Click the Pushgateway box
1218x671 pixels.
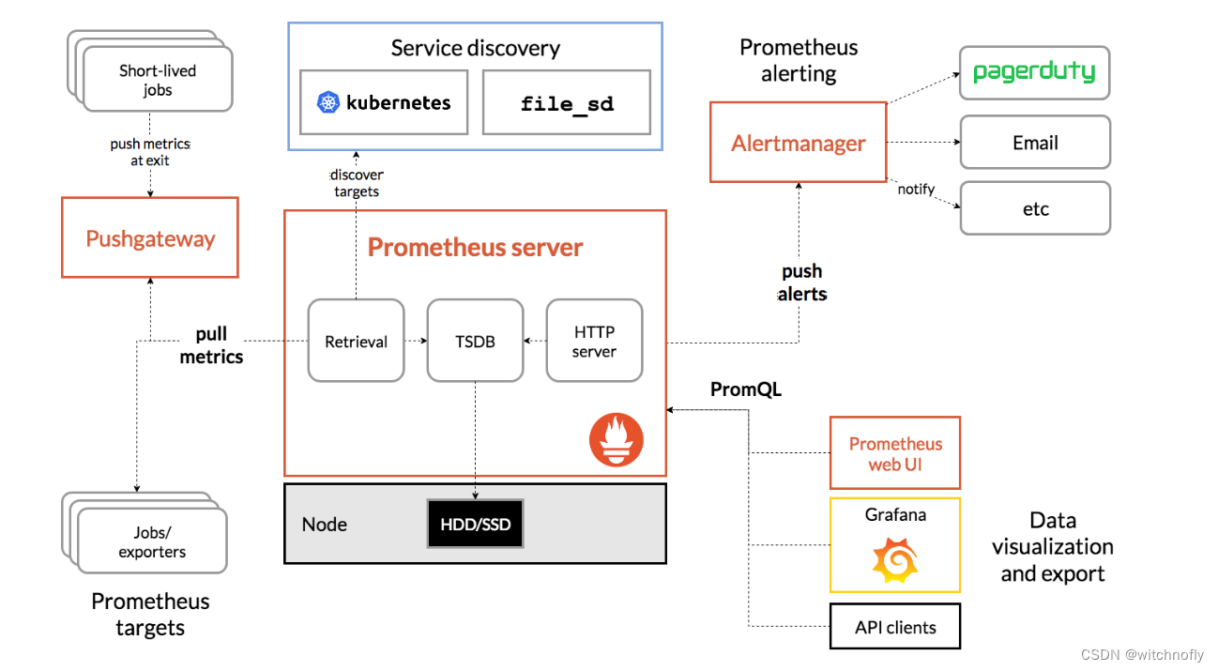pyautogui.click(x=150, y=237)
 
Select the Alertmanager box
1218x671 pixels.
pyautogui.click(x=798, y=143)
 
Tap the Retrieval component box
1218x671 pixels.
pyautogui.click(x=356, y=341)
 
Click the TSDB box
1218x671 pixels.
pyautogui.click(x=475, y=341)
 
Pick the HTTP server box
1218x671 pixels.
pyautogui.click(x=594, y=341)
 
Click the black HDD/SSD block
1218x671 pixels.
pyautogui.click(x=476, y=524)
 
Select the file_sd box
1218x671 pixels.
pyautogui.click(x=567, y=102)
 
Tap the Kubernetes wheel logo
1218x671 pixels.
pyautogui.click(x=327, y=103)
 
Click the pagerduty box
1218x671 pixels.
pyautogui.click(x=1034, y=72)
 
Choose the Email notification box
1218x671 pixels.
pyautogui.click(x=1035, y=143)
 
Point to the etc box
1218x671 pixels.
pyautogui.click(x=1035, y=208)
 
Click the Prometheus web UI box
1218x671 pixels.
pyautogui.click(x=895, y=453)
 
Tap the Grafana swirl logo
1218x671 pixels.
pyautogui.click(x=894, y=561)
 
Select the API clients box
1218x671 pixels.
pyautogui.click(x=895, y=627)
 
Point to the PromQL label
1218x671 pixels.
pyautogui.click(x=746, y=389)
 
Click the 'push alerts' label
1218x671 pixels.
pyautogui.click(x=802, y=282)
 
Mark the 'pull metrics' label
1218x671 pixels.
pyautogui.click(x=211, y=345)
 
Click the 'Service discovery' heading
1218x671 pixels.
pyautogui.click(x=475, y=48)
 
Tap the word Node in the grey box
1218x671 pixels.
pyautogui.click(x=325, y=524)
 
